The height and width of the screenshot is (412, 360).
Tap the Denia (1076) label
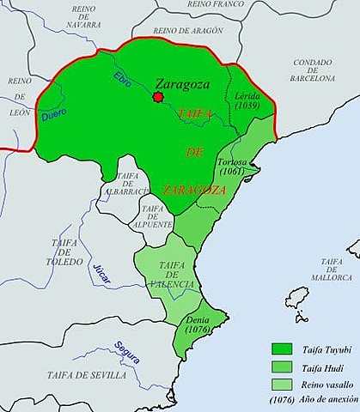(198, 324)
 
